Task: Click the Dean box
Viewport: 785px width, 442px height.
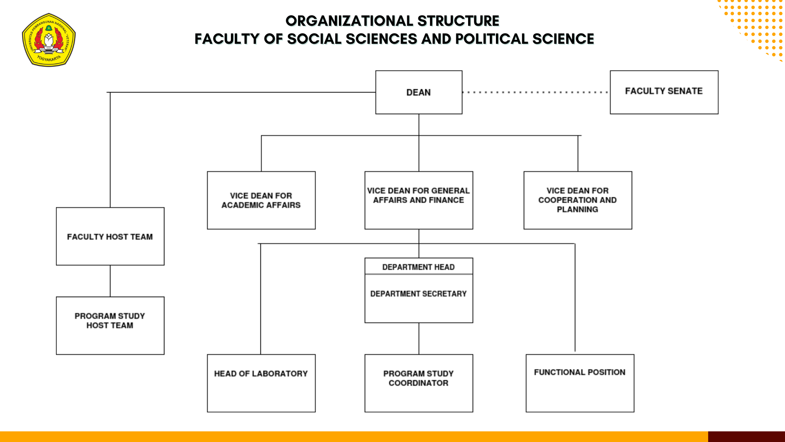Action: pyautogui.click(x=419, y=92)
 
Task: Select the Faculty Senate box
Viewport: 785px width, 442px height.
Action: pyautogui.click(x=664, y=92)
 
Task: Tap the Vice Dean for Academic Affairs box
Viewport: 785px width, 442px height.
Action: pyautogui.click(x=261, y=200)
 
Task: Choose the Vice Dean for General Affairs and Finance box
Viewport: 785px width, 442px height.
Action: pyautogui.click(x=419, y=200)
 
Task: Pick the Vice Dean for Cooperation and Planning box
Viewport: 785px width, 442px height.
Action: pyautogui.click(x=577, y=200)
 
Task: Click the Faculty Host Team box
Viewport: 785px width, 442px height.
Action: pyautogui.click(x=110, y=236)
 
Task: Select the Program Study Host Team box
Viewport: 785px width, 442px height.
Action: pyautogui.click(x=110, y=325)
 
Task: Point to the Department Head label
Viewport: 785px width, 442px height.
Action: pyautogui.click(x=418, y=267)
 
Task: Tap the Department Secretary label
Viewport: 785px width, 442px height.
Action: pyautogui.click(x=418, y=294)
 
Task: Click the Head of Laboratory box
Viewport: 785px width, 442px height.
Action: pyautogui.click(x=261, y=383)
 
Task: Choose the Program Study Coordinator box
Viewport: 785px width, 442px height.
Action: pyautogui.click(x=419, y=383)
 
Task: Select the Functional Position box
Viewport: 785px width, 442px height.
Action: pyautogui.click(x=580, y=383)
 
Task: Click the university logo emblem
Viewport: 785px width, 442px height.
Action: pyautogui.click(x=49, y=40)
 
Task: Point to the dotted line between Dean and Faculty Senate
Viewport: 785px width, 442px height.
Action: pyautogui.click(x=536, y=92)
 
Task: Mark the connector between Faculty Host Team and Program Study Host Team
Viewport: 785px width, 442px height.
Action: pyautogui.click(x=110, y=281)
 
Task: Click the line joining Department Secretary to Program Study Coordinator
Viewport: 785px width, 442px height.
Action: pyautogui.click(x=419, y=338)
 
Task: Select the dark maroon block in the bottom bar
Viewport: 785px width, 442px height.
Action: pyautogui.click(x=746, y=436)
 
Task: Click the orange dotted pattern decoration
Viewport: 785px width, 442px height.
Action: pyautogui.click(x=756, y=25)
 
